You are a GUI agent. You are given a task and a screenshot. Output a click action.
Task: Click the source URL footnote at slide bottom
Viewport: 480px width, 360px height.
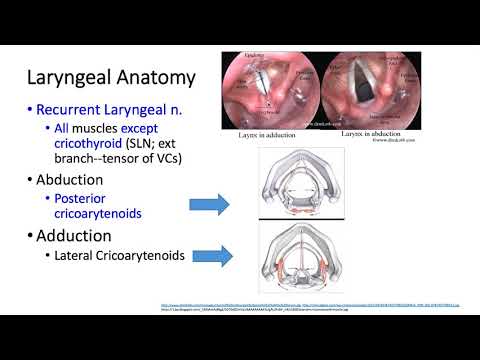(x=300, y=305)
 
